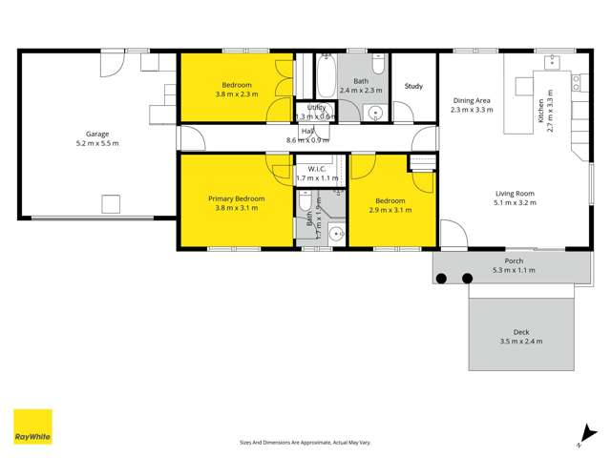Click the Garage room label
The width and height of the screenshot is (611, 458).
click(97, 135)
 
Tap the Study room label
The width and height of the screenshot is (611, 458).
click(413, 87)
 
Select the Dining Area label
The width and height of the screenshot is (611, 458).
click(471, 100)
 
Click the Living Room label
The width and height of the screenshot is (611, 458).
click(514, 193)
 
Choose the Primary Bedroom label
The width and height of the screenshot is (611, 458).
click(237, 198)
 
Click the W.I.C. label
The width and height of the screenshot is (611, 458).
click(318, 168)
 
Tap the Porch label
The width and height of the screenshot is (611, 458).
click(514, 260)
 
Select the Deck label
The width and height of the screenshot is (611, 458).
click(521, 332)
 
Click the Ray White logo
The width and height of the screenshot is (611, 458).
click(32, 427)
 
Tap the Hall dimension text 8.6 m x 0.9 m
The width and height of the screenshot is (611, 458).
click(309, 140)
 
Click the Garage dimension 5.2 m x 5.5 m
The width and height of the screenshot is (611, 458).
click(97, 144)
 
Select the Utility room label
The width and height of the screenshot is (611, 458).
click(318, 107)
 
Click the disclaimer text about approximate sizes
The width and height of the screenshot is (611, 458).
click(305, 443)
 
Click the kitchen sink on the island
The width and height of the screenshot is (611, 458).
click(553, 64)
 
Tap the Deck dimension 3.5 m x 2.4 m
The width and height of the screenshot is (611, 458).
click(521, 342)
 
